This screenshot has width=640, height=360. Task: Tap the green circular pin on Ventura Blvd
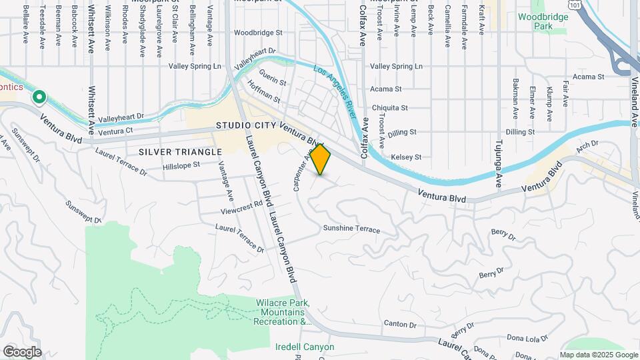39,98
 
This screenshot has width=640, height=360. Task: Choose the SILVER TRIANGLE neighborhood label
180,152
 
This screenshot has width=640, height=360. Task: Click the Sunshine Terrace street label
351,229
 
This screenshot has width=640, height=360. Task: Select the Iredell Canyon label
305,347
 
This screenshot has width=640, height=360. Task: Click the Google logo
22,352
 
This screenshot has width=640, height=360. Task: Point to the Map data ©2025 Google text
598,355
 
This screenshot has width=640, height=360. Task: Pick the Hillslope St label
181,164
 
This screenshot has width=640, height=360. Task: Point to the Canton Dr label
400,324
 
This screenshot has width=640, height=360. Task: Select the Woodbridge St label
259,32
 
